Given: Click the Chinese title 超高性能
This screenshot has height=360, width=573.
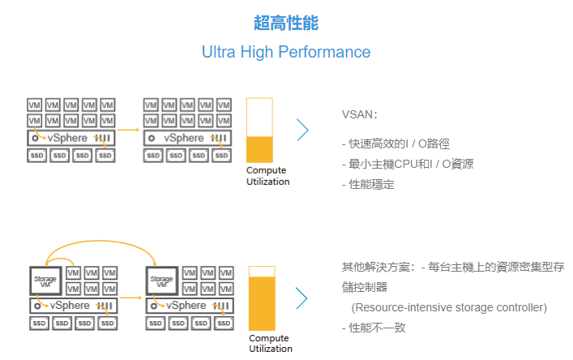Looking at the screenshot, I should tap(285, 23).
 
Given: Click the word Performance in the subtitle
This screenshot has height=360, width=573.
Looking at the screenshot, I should tap(324, 52).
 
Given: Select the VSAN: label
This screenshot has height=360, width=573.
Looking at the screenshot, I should tap(359, 115).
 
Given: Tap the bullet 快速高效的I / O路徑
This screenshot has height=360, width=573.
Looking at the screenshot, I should tap(396, 144).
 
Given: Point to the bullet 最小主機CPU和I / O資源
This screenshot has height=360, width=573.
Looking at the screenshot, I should tap(408, 164).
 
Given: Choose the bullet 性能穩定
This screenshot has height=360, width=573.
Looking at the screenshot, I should tap(368, 184).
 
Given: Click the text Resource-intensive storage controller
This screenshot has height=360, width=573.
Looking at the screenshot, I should tap(449, 307).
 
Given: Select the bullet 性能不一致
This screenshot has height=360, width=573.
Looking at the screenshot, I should tap(374, 328).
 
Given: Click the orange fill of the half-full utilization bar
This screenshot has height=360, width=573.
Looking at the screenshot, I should tap(260, 150).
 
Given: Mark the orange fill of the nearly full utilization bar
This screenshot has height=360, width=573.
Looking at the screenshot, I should tap(262, 302).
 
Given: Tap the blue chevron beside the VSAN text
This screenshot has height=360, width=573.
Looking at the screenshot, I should tap(302, 131).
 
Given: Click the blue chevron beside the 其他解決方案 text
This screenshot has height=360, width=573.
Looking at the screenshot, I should tap(301, 298).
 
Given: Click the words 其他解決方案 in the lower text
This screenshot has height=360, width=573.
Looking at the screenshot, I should tap(378, 267).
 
